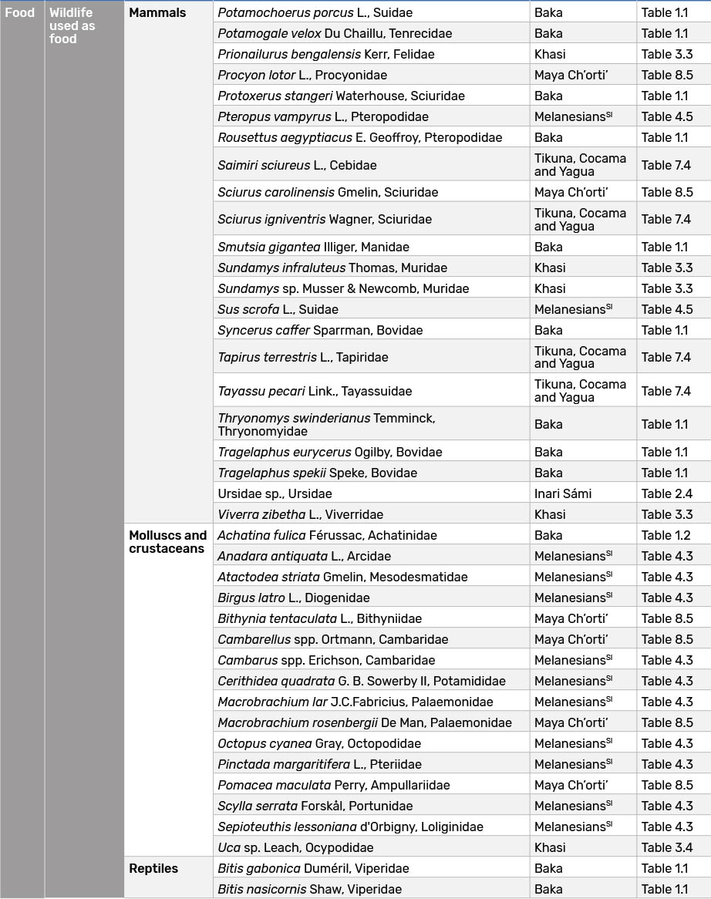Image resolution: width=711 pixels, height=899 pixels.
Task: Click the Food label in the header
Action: tap(19, 12)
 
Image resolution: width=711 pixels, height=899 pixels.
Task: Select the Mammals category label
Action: tap(157, 12)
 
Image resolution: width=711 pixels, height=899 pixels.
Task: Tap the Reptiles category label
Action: tap(153, 868)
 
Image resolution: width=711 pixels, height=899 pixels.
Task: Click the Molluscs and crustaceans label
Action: tap(167, 542)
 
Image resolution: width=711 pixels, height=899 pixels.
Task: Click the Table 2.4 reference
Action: tap(667, 493)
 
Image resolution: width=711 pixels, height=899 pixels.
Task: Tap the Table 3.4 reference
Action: tap(667, 847)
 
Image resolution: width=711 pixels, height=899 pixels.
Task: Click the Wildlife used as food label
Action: tap(72, 25)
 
